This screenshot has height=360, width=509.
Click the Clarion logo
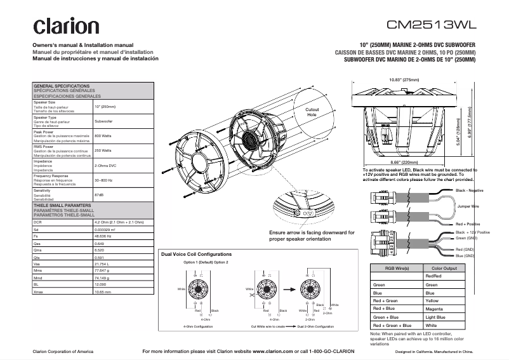coord(66,27)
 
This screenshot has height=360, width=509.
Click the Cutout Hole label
coord(312,112)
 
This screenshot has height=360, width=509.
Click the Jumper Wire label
coord(468,206)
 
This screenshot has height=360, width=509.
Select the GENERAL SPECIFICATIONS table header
coord(62,86)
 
